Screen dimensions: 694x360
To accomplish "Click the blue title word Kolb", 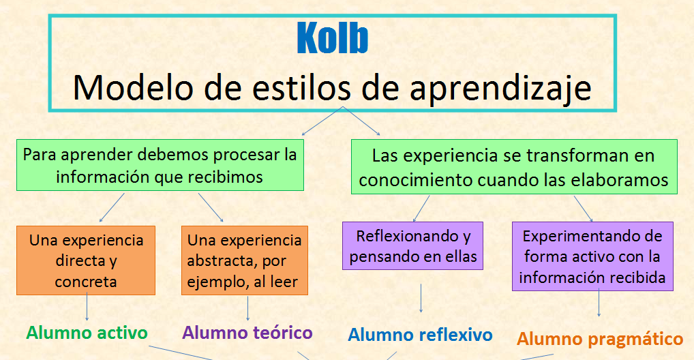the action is (x=333, y=38).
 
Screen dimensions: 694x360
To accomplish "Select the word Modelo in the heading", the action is (x=133, y=87).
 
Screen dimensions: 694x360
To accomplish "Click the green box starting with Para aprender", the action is (x=160, y=165).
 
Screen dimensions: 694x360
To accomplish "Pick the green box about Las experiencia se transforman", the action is (x=514, y=167).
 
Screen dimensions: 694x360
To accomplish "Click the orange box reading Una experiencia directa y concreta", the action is (x=86, y=260).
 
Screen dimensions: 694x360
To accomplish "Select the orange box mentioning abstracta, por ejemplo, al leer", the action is (x=244, y=260).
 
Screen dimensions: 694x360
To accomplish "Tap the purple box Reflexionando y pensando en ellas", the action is (x=412, y=245).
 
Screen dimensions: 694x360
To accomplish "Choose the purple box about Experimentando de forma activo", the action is (x=592, y=256).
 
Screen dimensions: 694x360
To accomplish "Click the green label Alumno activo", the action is (x=87, y=333).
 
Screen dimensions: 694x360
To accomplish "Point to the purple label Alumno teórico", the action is (x=247, y=333).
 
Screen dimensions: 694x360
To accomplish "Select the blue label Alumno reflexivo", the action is (x=420, y=335).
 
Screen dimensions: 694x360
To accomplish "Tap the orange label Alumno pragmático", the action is (x=600, y=340).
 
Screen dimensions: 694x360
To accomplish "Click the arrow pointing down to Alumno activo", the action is (x=87, y=306).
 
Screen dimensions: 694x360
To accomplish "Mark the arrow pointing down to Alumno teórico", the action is (x=247, y=308).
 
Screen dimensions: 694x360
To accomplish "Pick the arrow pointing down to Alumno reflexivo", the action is (x=421, y=299).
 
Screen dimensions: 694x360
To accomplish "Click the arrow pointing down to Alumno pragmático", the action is (x=599, y=303).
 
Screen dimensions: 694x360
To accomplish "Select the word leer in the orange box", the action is (x=284, y=282).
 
